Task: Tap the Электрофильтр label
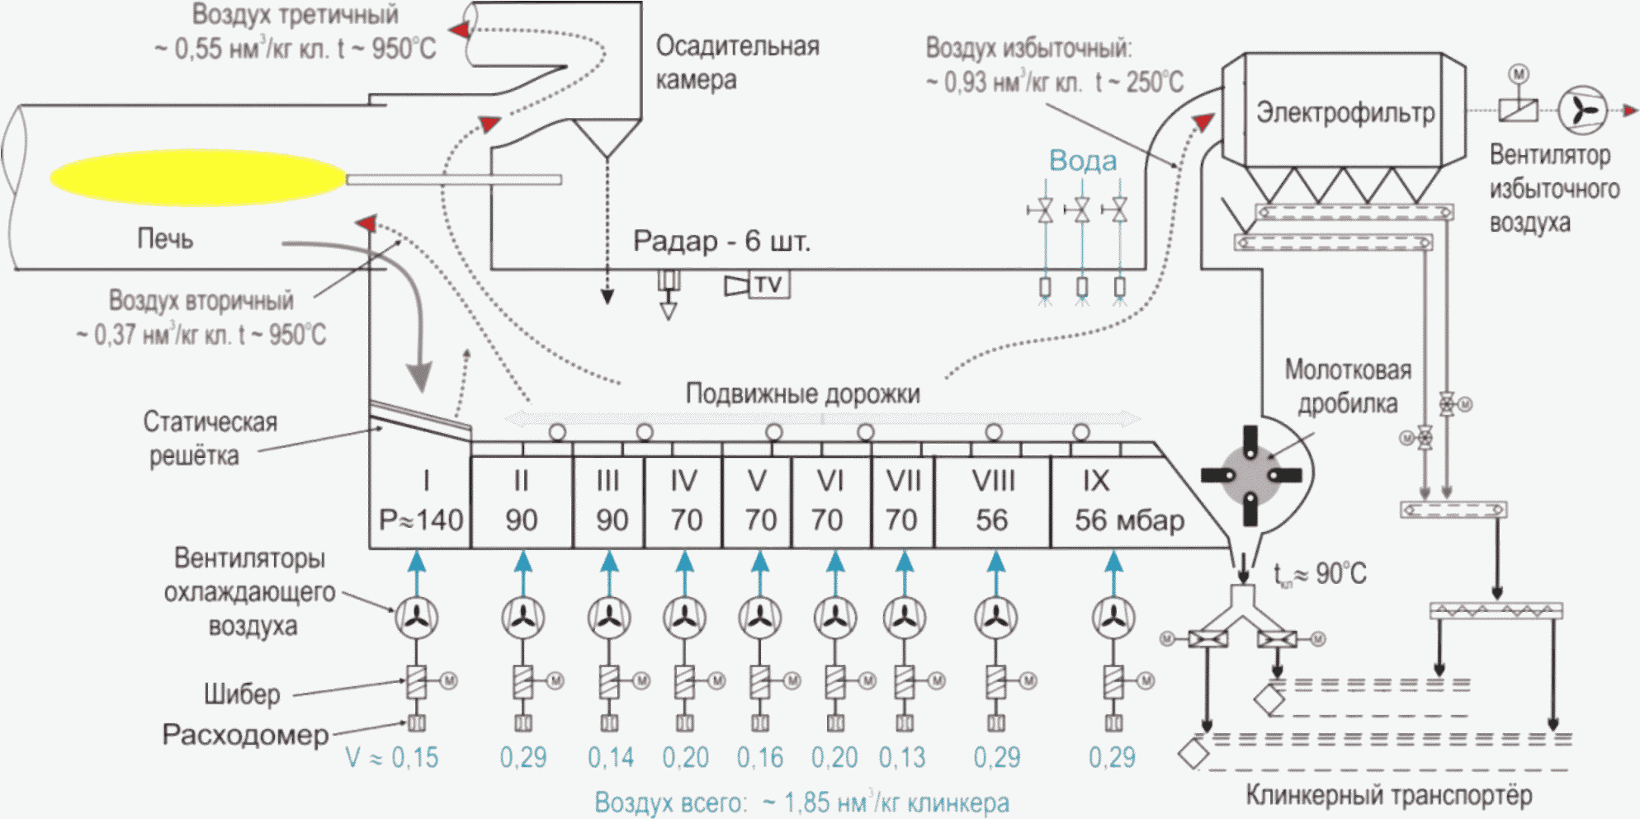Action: click(1345, 112)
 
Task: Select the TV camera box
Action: click(768, 285)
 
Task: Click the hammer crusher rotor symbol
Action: click(1250, 476)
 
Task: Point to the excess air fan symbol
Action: click(1582, 111)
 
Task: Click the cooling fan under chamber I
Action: click(417, 618)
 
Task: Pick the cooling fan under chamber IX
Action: click(1113, 618)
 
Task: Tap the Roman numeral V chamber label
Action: click(757, 480)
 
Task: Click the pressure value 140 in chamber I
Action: click(439, 520)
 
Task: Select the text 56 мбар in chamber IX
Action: click(1129, 520)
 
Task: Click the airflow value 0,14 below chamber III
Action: click(611, 757)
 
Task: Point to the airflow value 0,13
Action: click(902, 757)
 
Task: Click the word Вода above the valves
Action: click(1083, 160)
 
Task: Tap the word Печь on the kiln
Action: click(165, 239)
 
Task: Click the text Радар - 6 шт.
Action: click(721, 241)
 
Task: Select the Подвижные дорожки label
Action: click(803, 394)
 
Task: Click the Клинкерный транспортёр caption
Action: click(1388, 795)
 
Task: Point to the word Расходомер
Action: click(245, 734)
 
